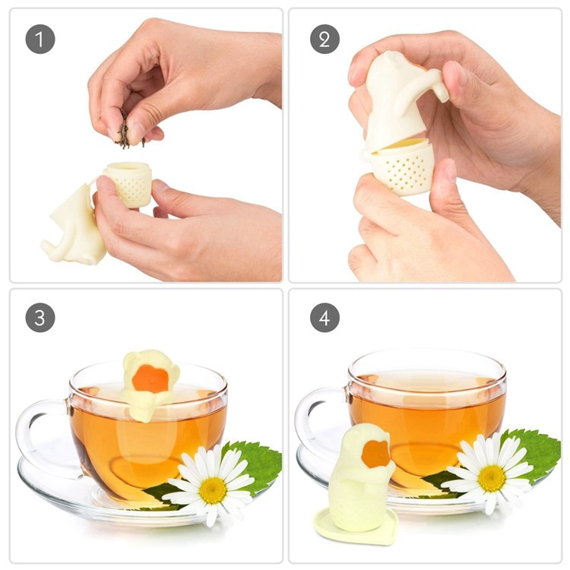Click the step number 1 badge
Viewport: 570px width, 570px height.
(x=40, y=40)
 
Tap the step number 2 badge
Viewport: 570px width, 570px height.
(x=325, y=40)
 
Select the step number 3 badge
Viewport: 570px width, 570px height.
(x=40, y=318)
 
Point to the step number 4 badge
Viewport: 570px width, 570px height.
(x=325, y=318)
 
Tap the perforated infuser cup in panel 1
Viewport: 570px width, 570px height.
(x=128, y=184)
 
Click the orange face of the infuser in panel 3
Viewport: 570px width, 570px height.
(x=150, y=378)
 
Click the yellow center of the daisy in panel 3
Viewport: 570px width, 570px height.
(x=213, y=489)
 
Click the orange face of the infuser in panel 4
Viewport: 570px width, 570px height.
(x=377, y=454)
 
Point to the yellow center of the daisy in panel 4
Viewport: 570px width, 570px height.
(x=492, y=478)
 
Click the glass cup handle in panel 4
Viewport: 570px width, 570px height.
(x=320, y=418)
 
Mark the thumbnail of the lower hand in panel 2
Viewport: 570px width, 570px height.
(x=450, y=171)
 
